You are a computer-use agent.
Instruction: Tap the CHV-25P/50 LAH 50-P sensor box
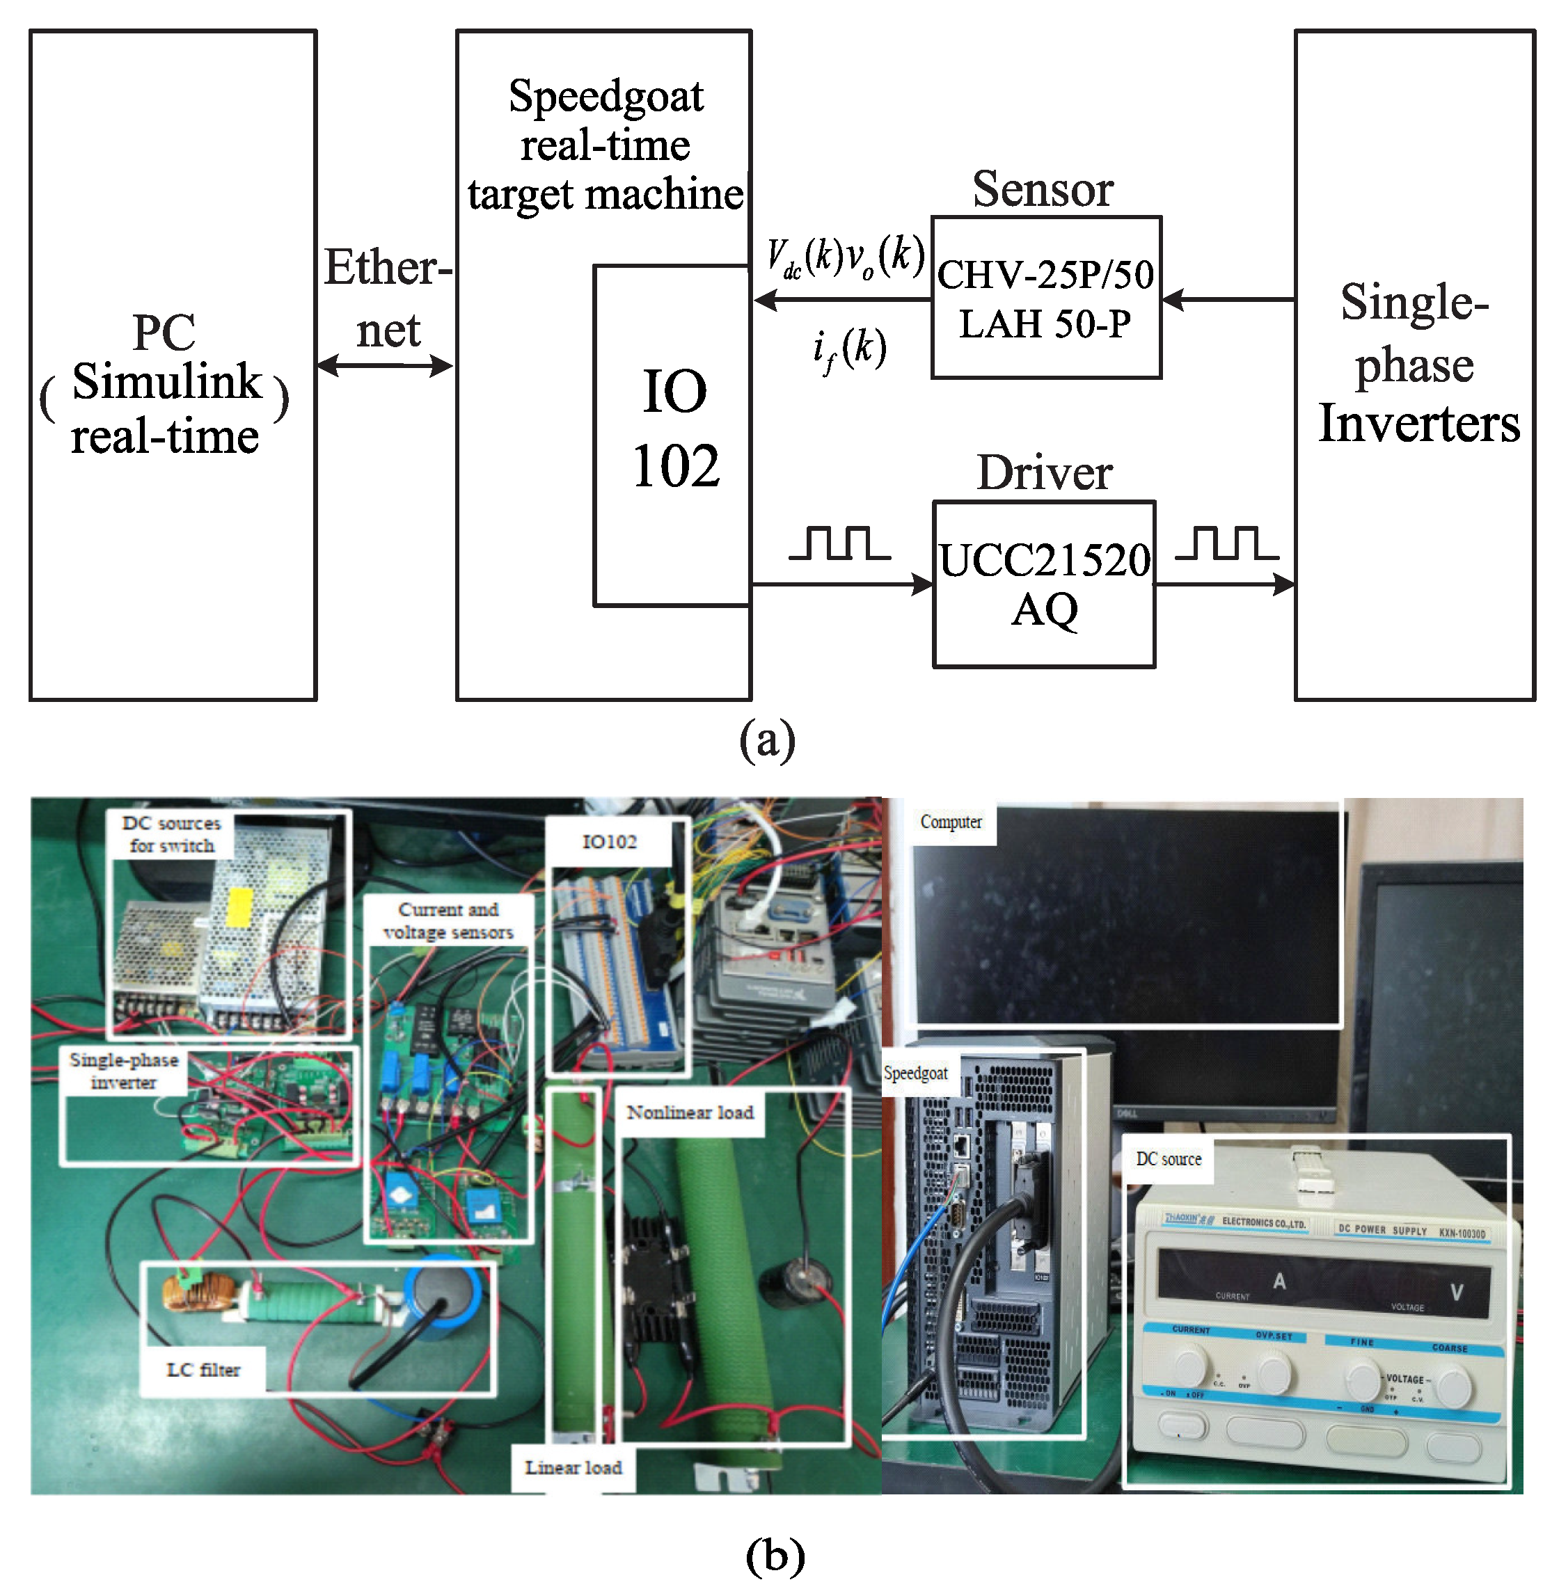coord(1045,298)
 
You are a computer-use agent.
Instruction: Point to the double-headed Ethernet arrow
coord(385,366)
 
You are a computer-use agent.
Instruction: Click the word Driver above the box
coord(1044,473)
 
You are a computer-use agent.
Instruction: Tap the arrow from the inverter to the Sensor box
coord(1228,300)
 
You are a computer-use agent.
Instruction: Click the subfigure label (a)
coord(766,740)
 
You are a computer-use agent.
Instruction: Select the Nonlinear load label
coord(690,1112)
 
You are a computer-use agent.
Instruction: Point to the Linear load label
coord(573,1467)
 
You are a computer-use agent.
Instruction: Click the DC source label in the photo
coord(1169,1158)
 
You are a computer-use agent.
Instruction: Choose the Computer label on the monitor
coord(951,821)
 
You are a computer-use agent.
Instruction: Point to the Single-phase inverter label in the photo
coord(124,1071)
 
